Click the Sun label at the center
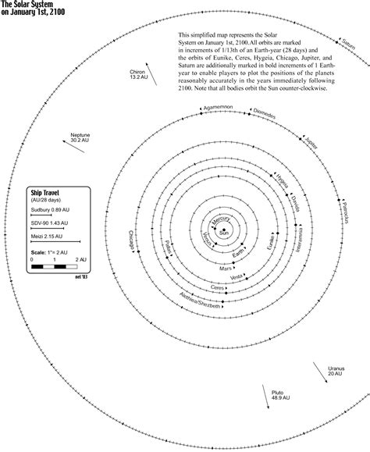[225, 233]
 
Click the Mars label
[226, 268]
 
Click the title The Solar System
[27, 4]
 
